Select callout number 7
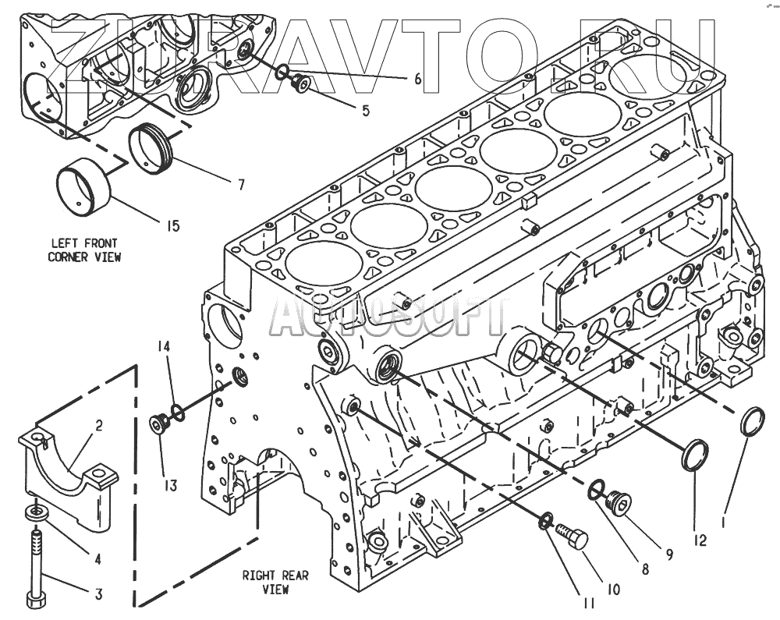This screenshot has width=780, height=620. (241, 185)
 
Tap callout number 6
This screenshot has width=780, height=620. (417, 79)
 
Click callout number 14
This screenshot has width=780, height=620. (163, 345)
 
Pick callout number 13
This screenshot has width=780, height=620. (170, 485)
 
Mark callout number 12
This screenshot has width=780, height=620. (700, 538)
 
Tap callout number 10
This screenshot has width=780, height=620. (612, 590)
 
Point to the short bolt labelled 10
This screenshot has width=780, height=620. (572, 537)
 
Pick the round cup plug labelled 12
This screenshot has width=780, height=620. (696, 455)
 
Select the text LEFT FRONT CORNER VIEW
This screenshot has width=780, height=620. (85, 250)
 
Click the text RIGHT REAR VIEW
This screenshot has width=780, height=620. (275, 583)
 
